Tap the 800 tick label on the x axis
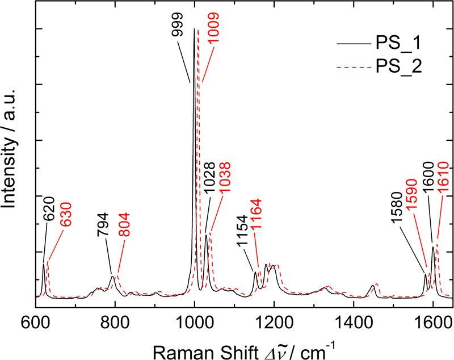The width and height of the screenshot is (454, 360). click(115, 318)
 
